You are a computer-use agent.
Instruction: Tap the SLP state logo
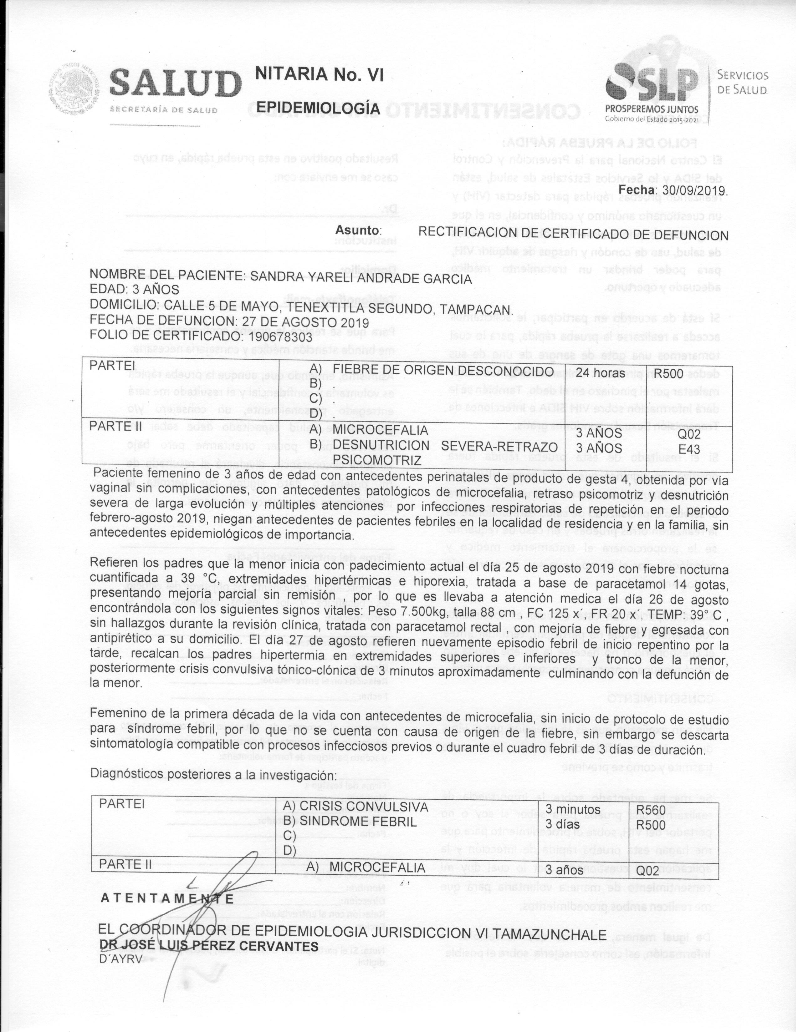pyautogui.click(x=652, y=88)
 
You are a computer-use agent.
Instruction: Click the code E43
pyautogui.click(x=689, y=448)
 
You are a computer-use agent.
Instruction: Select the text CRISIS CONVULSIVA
pyautogui.click(x=364, y=806)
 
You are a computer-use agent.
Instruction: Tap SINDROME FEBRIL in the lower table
pyautogui.click(x=358, y=821)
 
